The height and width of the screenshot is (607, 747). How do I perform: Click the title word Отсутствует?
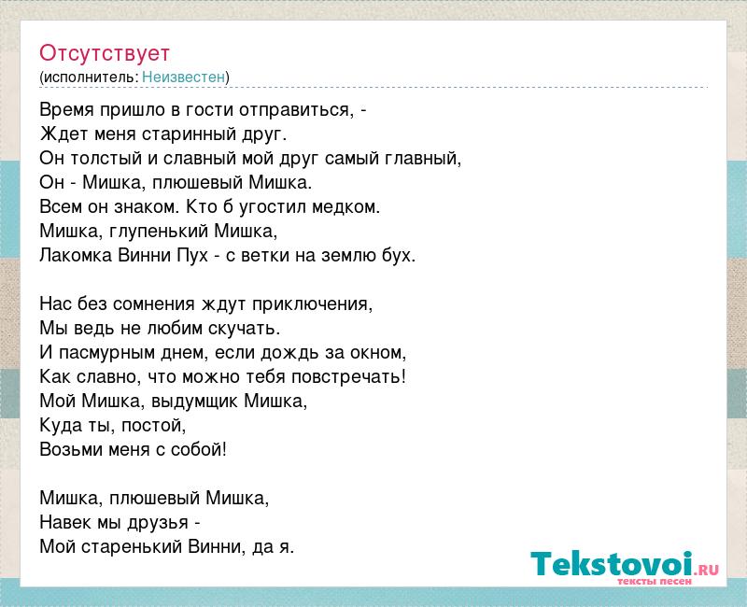pos(105,53)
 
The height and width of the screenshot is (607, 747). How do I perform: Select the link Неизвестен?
pos(183,77)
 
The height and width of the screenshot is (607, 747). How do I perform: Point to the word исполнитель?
pos(91,77)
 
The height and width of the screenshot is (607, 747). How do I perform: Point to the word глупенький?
pos(159,231)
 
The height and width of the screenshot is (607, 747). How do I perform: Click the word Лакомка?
pos(77,255)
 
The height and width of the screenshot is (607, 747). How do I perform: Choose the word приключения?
pos(310,304)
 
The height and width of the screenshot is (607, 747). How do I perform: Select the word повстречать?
pos(346,377)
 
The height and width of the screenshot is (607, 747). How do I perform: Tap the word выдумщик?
pos(194,402)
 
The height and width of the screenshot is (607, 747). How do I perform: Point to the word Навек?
pos(65,522)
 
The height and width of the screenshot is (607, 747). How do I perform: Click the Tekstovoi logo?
pos(625,567)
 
